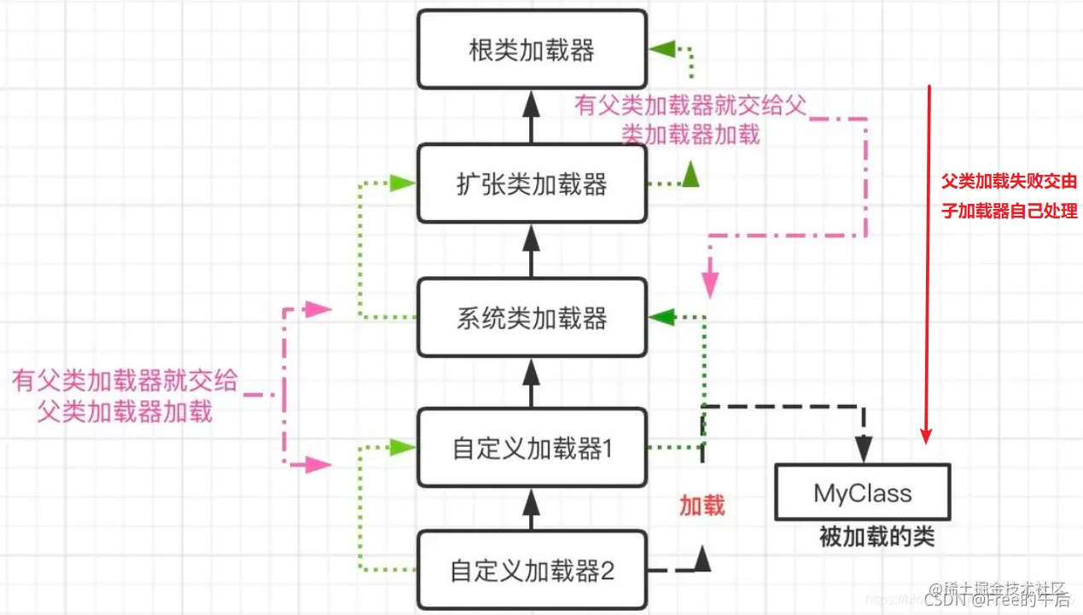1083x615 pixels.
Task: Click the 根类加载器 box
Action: [x=531, y=49]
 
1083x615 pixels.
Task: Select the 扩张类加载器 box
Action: [x=531, y=184]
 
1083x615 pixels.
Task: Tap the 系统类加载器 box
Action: [x=531, y=319]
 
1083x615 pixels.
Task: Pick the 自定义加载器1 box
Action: [x=531, y=449]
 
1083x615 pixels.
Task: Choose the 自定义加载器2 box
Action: [x=531, y=570]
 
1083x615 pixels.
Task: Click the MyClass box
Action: [x=862, y=493]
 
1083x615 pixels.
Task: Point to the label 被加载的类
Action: [x=876, y=537]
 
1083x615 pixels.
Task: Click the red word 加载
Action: [x=702, y=506]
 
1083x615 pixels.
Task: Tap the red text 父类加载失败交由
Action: [x=1009, y=182]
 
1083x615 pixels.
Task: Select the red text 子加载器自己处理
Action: [x=1009, y=211]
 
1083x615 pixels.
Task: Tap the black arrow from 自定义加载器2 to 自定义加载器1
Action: [x=531, y=509]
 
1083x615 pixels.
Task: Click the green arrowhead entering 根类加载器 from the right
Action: [x=661, y=49]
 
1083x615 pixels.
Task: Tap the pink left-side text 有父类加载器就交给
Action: [x=125, y=380]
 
